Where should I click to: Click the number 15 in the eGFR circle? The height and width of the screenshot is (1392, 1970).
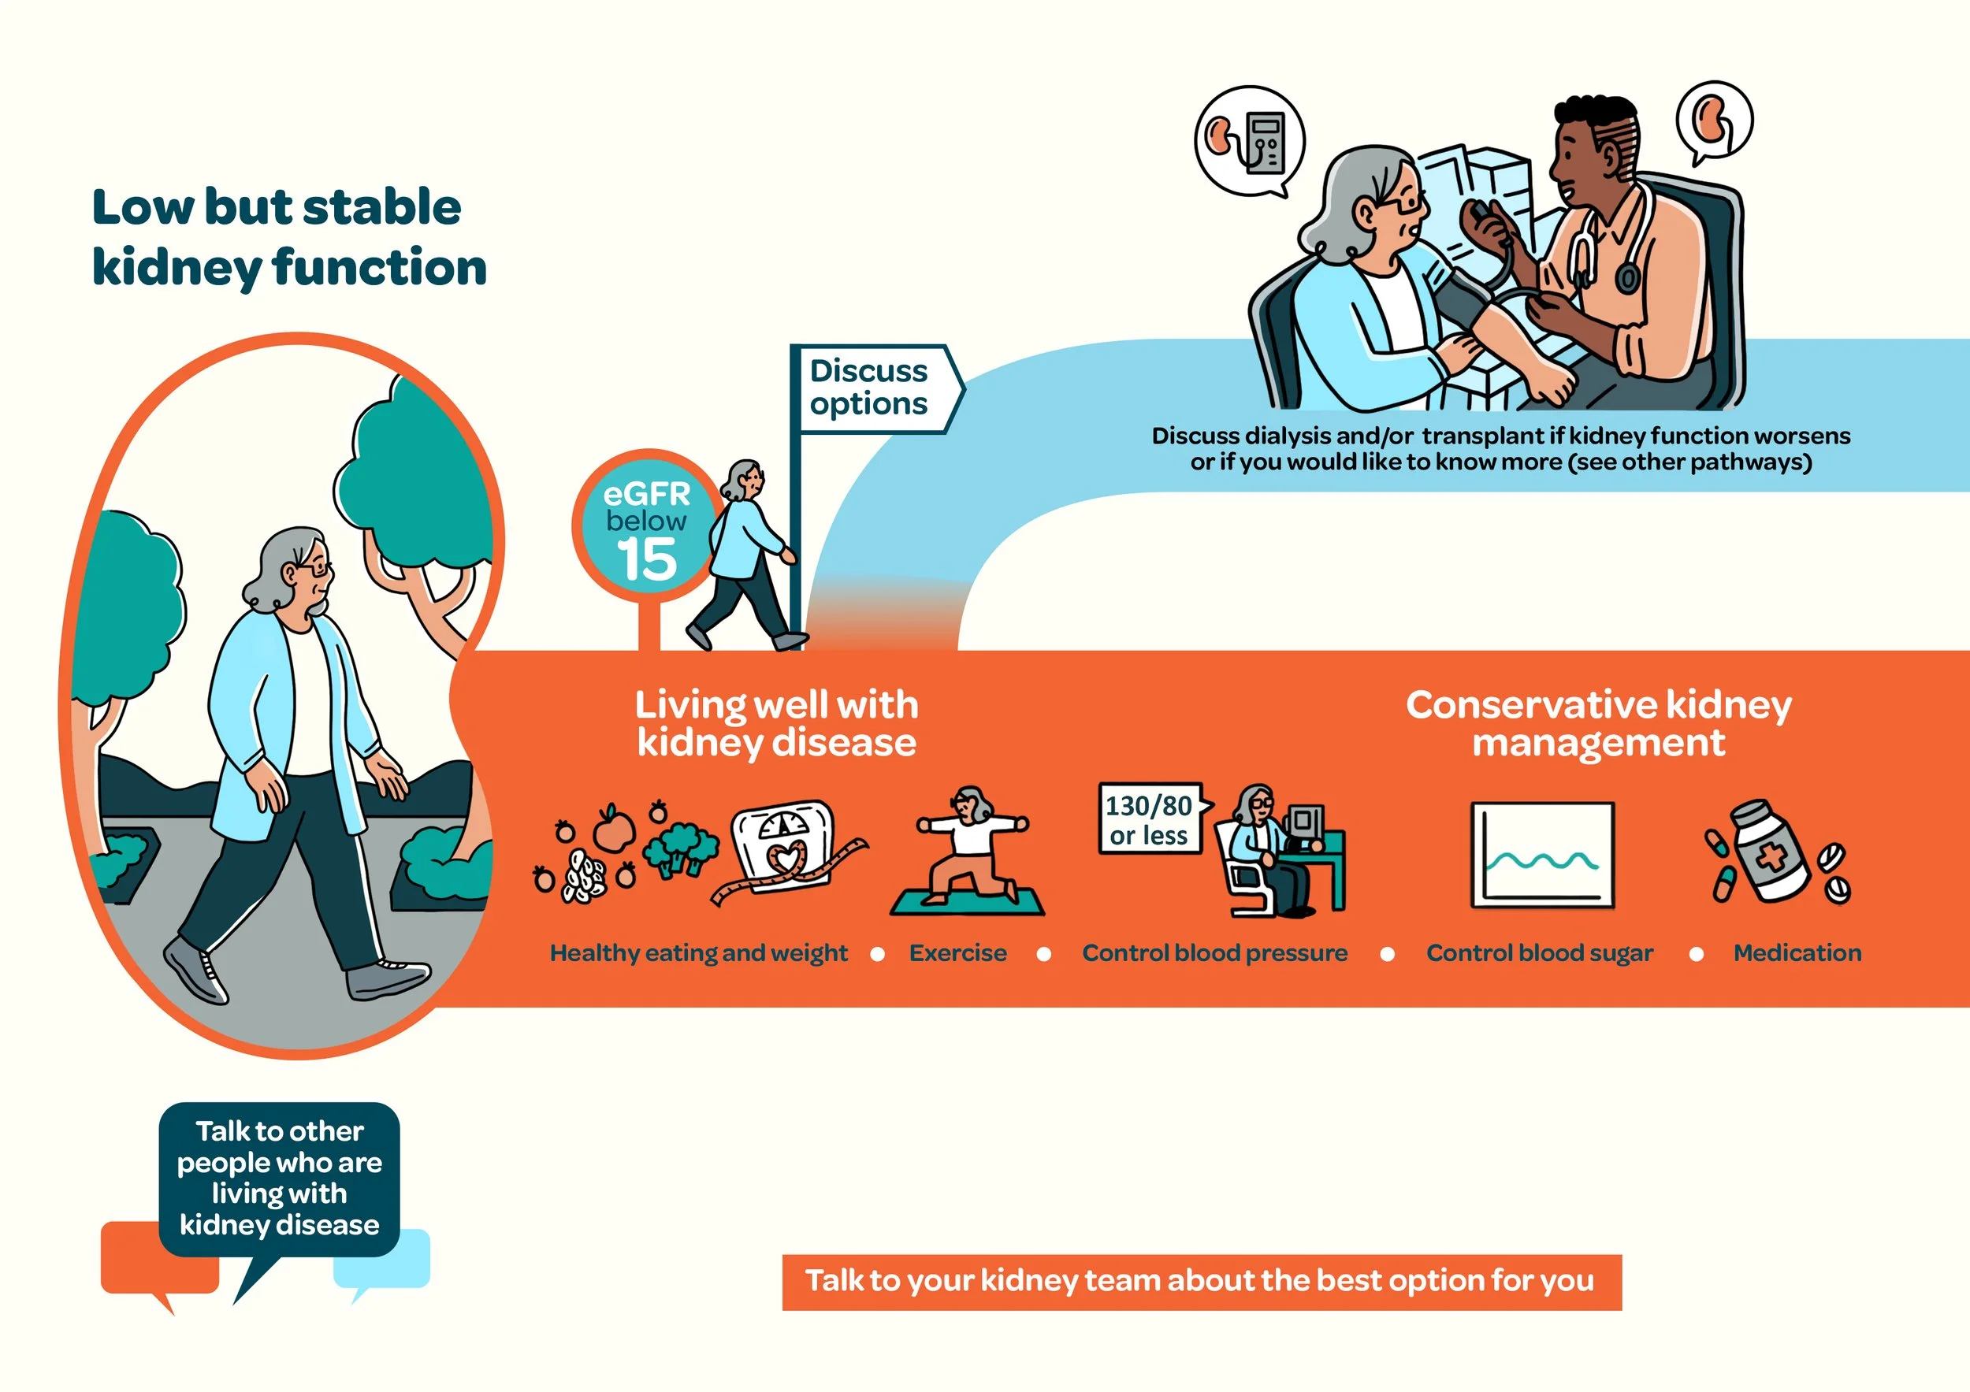click(x=646, y=559)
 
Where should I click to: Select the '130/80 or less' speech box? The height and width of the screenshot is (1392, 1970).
click(x=1149, y=819)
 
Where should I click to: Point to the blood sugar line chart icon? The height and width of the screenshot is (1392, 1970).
click(x=1543, y=855)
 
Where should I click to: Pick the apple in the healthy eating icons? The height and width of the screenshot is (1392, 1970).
click(x=614, y=829)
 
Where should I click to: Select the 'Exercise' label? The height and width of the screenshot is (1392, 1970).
click(x=957, y=953)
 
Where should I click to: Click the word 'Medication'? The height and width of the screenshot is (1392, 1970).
click(x=1797, y=953)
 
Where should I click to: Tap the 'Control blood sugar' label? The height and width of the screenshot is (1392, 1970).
click(x=1539, y=953)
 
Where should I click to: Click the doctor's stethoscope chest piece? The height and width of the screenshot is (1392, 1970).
click(x=1626, y=277)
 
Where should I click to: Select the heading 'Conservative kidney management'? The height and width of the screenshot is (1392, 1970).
click(x=1597, y=723)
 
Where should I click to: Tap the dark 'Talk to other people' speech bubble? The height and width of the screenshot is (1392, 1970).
click(x=279, y=1178)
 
